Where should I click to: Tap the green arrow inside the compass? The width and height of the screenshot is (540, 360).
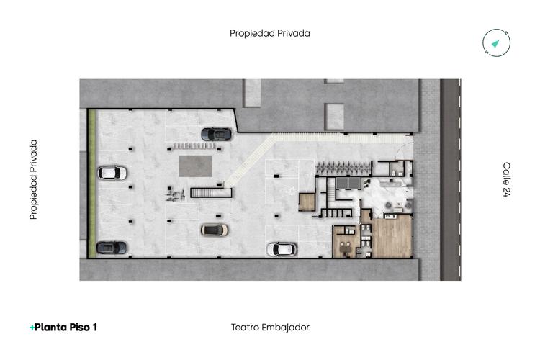496,44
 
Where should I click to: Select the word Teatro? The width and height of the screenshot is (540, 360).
244,327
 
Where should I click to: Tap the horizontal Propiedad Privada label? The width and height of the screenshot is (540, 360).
270,33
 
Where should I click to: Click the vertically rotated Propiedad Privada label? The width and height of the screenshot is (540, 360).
33,179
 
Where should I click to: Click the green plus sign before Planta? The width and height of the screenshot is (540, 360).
32,328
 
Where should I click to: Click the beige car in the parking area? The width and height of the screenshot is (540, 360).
214,230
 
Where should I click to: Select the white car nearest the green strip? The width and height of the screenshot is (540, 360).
112,173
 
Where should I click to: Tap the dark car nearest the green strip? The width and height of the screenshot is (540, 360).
112,247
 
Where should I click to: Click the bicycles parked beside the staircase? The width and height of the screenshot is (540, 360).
174,194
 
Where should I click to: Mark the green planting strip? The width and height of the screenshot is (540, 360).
91,183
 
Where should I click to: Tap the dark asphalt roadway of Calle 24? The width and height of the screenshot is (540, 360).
450,180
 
